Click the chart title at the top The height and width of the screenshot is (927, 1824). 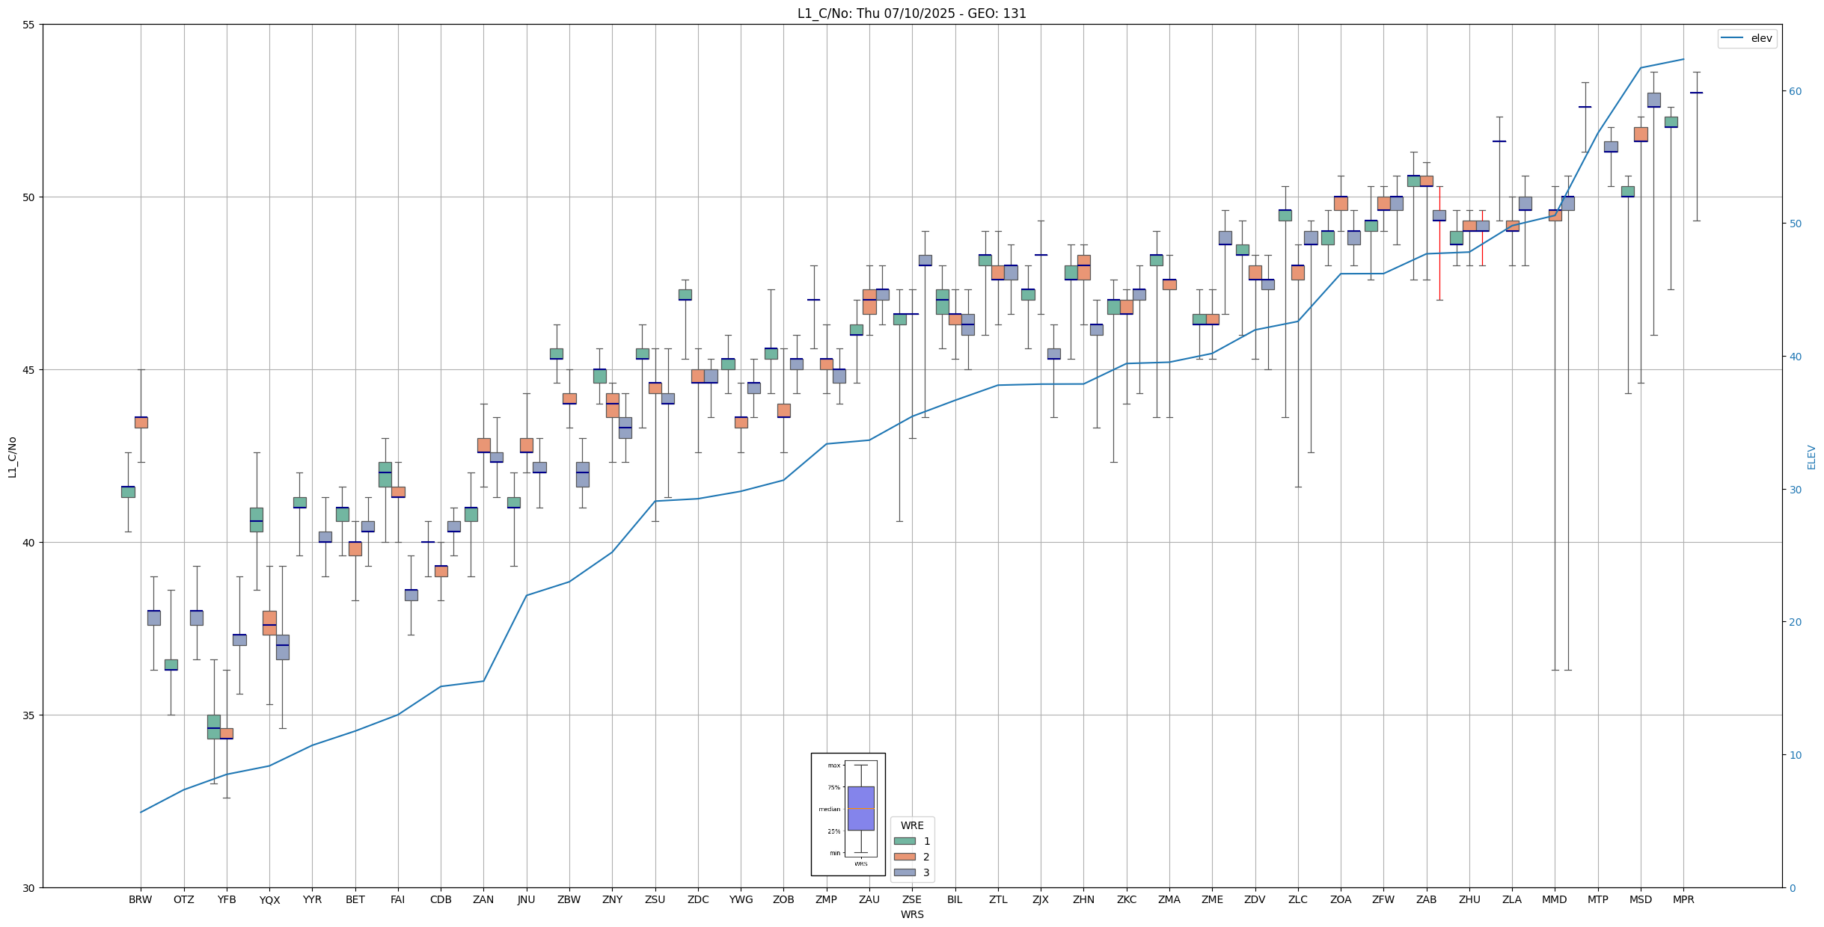pos(911,13)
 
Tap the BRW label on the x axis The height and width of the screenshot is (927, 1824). pos(140,899)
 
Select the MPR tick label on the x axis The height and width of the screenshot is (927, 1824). pos(1683,899)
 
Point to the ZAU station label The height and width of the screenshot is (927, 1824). pos(869,899)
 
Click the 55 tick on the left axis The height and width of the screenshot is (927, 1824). pos(29,25)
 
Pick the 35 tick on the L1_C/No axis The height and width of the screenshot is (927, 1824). pos(29,715)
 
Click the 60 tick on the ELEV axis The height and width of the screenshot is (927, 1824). pos(1795,91)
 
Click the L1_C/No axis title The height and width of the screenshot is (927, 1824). pos(12,457)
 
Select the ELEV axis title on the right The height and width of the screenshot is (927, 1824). pos(1811,457)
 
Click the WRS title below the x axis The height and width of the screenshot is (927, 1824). pos(911,914)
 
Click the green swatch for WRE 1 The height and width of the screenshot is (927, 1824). pos(905,841)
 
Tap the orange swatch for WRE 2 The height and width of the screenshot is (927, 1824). pos(905,857)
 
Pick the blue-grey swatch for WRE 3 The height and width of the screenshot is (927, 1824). pos(905,872)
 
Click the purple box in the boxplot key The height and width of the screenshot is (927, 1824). pos(860,808)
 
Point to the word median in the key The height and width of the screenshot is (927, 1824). pos(829,809)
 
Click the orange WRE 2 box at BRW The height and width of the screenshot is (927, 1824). pos(141,422)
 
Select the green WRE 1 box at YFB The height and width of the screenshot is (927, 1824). pos(213,727)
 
